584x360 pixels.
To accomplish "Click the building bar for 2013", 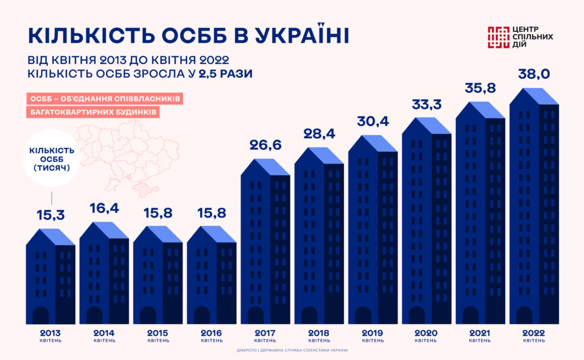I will (x=51, y=280).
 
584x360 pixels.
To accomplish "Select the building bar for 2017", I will (x=265, y=245).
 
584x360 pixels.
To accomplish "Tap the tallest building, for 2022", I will (x=533, y=211).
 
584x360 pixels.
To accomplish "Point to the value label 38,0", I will (x=534, y=74).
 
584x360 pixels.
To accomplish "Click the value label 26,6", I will (x=265, y=146).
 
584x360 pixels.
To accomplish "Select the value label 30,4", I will (x=372, y=122).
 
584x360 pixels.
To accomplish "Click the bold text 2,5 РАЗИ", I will (x=225, y=74).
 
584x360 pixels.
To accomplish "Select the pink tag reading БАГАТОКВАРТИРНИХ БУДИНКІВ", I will (x=92, y=112).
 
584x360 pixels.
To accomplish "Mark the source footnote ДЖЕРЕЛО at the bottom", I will (x=292, y=350).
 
